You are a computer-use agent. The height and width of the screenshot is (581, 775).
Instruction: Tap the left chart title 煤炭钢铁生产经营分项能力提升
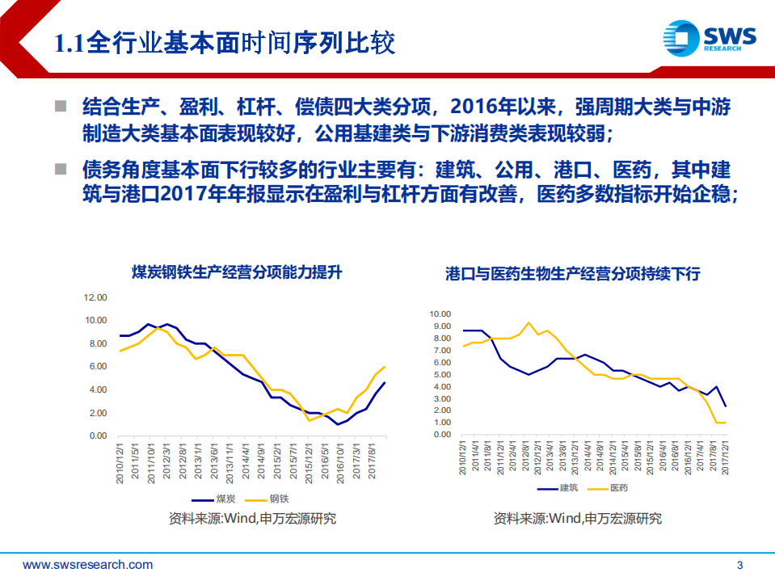(237, 272)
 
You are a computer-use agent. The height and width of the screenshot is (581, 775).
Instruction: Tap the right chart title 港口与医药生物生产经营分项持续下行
(572, 274)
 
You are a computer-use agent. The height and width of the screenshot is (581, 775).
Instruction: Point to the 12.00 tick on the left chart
(95, 297)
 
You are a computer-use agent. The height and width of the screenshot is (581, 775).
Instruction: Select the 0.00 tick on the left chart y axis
(97, 436)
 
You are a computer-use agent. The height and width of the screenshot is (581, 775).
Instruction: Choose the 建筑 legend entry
(569, 488)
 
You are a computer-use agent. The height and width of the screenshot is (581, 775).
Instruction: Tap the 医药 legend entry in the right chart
(619, 488)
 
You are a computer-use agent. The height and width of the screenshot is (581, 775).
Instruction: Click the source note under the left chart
(252, 519)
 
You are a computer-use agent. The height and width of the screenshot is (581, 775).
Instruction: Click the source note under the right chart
(577, 519)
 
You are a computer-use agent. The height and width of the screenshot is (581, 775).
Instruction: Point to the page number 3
(740, 565)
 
